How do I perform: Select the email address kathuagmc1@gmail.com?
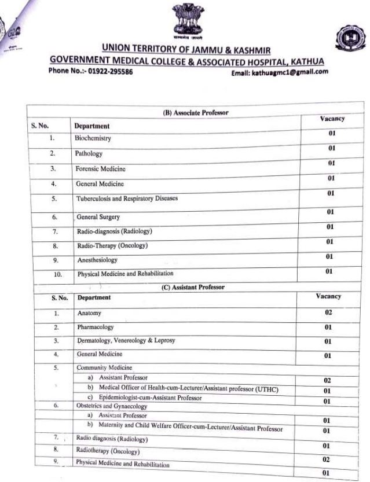coord(280,72)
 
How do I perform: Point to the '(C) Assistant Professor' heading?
coord(193,286)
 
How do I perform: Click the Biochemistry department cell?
coord(93,139)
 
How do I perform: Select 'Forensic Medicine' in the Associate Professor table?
coord(100,169)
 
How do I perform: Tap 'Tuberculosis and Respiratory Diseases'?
coord(127,198)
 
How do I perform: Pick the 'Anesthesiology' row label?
coord(97,260)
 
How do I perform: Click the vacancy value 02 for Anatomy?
coord(328,312)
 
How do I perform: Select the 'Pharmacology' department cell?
coord(96,327)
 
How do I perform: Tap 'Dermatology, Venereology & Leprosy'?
coord(126,341)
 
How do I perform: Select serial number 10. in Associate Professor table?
coord(57,275)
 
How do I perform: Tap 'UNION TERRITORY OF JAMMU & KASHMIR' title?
coord(186,48)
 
